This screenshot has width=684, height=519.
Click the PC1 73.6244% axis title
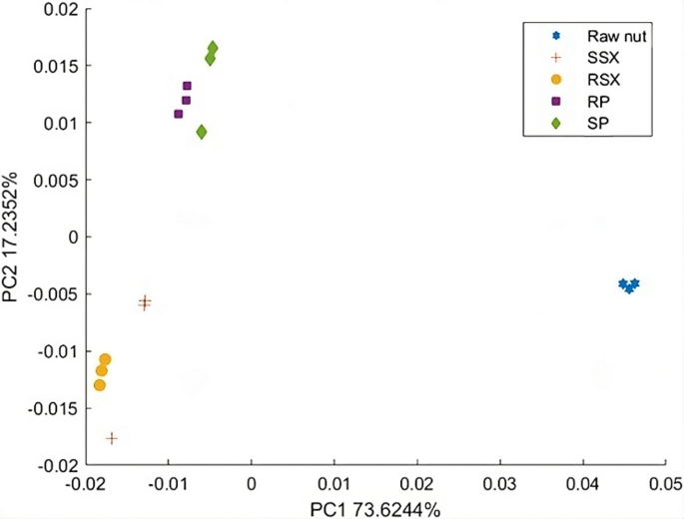click(374, 507)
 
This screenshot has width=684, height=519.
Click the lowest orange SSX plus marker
click(112, 438)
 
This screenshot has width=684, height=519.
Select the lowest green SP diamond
click(202, 132)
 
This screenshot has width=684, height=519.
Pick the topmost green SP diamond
click(213, 48)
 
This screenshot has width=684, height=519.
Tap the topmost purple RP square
click(187, 86)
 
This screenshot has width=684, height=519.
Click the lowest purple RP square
click(179, 114)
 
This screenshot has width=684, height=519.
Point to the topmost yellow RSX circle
click(105, 359)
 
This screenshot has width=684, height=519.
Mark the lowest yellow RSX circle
click(99, 385)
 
